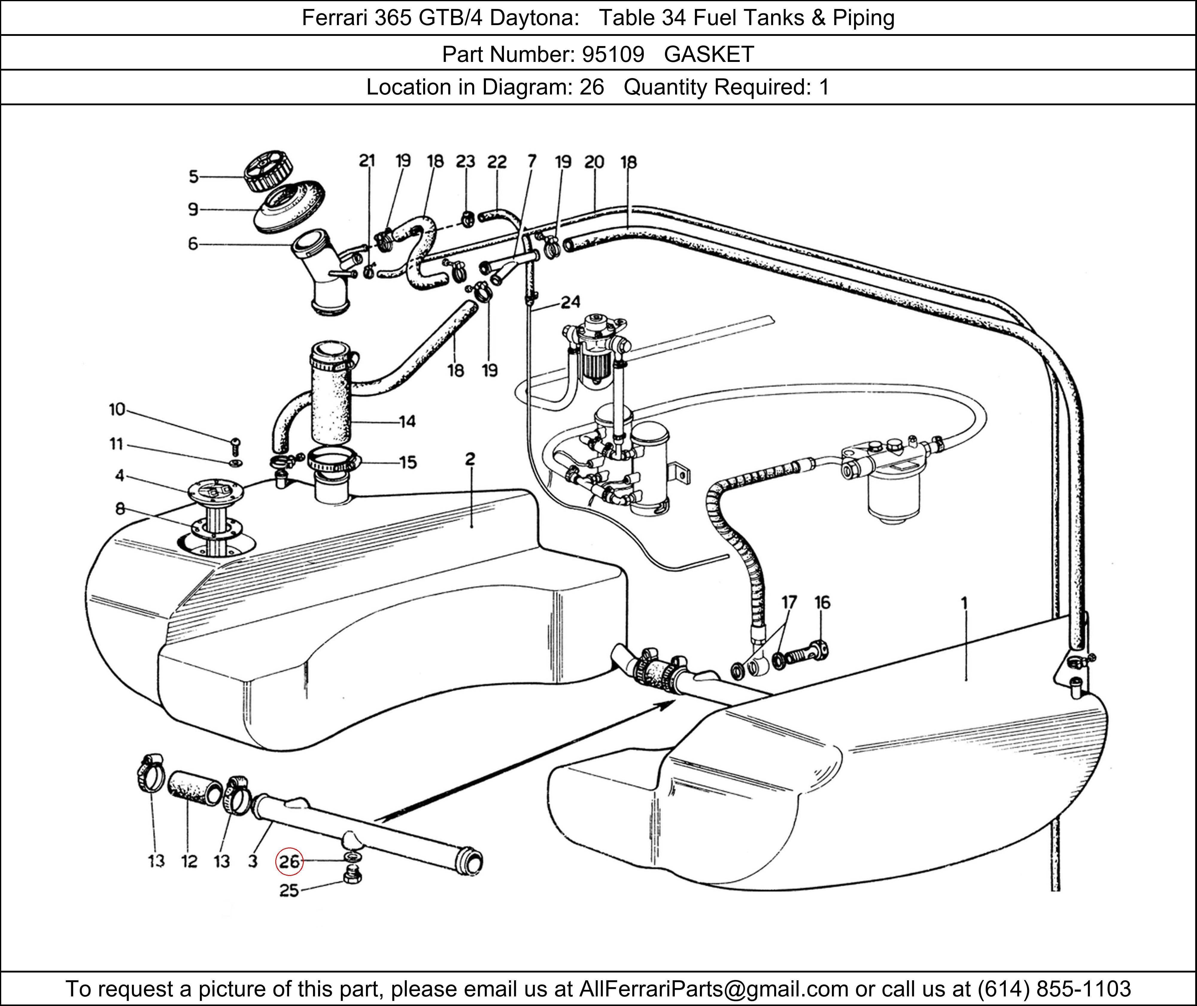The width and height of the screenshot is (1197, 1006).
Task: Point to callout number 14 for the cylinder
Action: [x=407, y=422]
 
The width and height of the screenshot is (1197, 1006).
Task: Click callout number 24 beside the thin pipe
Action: [x=570, y=302]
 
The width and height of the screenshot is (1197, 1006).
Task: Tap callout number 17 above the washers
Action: [x=789, y=602]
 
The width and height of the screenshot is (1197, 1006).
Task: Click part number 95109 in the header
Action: [x=613, y=54]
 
